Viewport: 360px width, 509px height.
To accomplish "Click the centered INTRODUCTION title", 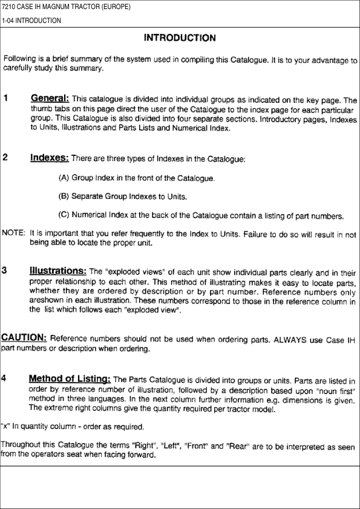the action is (180, 38).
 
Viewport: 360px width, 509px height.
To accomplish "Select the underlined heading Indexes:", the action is (49, 158).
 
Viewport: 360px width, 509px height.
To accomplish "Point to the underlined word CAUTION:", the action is (24, 337).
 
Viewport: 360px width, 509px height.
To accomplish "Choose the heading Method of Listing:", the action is (69, 378).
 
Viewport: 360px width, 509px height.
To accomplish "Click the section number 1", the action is (5, 98).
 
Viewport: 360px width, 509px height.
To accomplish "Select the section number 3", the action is (5, 270).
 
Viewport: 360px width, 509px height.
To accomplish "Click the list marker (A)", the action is (64, 178).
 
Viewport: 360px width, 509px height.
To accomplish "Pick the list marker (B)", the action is (64, 196).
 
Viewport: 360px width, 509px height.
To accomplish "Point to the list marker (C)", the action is (64, 215).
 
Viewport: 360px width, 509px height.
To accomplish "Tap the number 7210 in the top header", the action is (10, 7).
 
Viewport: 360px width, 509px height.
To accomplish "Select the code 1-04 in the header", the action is (8, 21).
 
